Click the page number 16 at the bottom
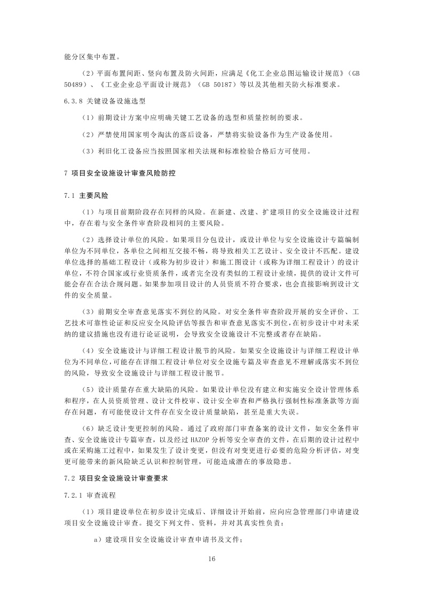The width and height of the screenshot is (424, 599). tap(212, 558)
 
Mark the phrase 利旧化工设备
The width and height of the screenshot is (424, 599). tap(122, 151)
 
